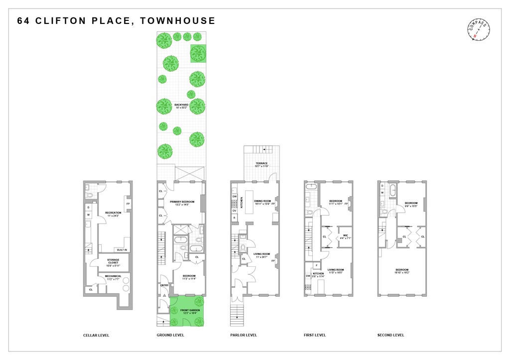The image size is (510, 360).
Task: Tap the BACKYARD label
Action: coord(180,104)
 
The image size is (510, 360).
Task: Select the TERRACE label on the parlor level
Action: coord(261,163)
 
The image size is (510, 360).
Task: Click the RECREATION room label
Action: coord(113,213)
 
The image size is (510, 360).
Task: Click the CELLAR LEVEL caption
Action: coord(96,335)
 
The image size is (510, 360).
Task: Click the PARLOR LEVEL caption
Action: coord(244,335)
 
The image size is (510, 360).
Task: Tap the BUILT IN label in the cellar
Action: coord(122,250)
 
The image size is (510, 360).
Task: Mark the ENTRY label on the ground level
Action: coord(164,285)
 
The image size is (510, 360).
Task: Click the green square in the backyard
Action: coord(198,53)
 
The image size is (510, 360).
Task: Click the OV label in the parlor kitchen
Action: coord(234,211)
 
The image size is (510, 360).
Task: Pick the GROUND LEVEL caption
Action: coord(170,335)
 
